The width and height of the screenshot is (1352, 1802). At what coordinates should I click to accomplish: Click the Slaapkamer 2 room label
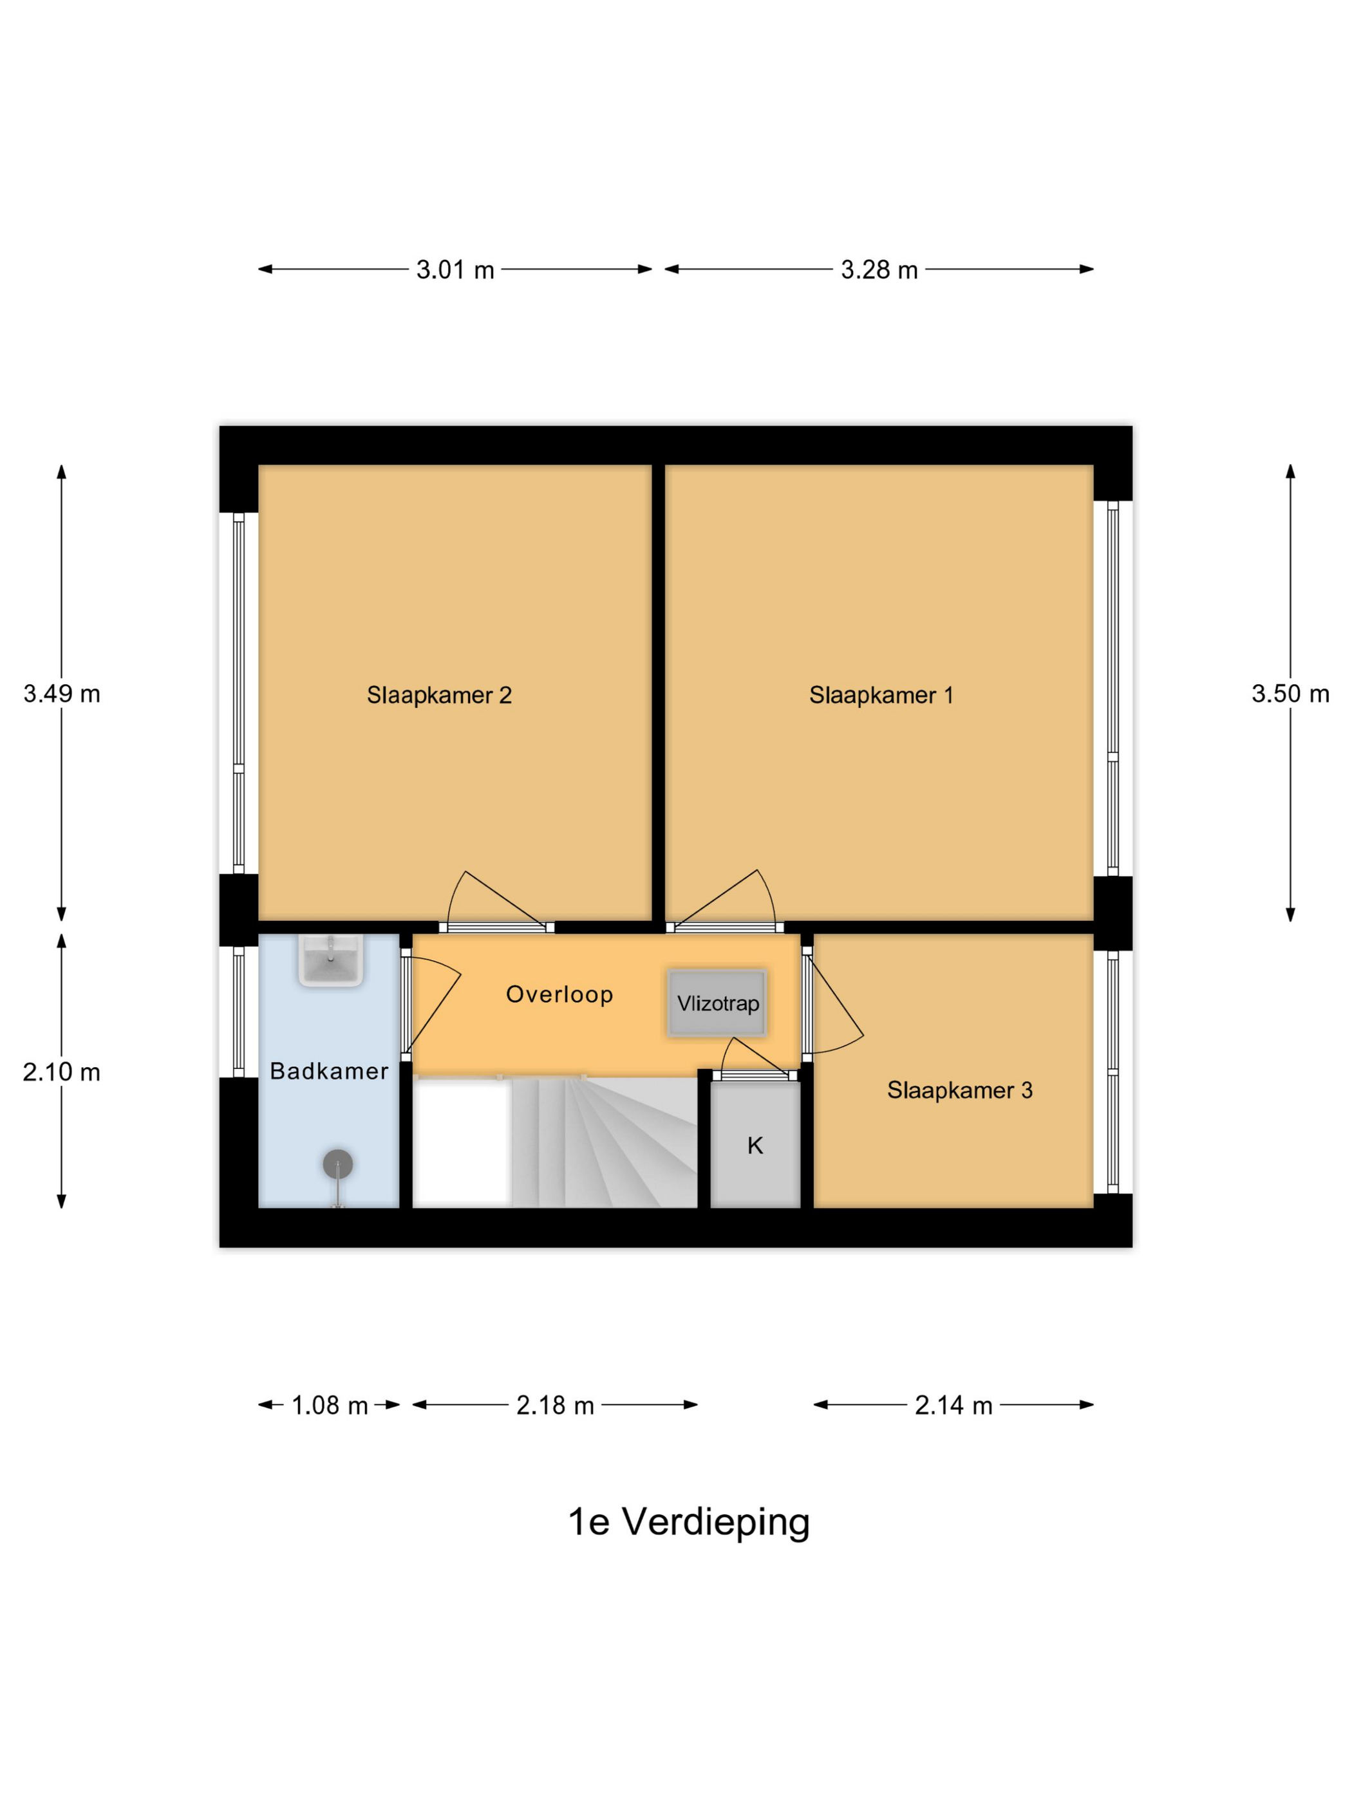pyautogui.click(x=438, y=695)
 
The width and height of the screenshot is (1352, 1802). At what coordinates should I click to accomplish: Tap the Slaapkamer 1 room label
pyautogui.click(x=880, y=695)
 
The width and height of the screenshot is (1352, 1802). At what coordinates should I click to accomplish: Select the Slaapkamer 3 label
pyautogui.click(x=959, y=1090)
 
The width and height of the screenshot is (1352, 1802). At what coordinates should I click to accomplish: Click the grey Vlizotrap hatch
pyautogui.click(x=717, y=1003)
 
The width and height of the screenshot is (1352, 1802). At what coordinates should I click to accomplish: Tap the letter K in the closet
pyautogui.click(x=755, y=1146)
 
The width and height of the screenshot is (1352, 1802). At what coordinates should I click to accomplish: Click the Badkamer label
pyautogui.click(x=329, y=1072)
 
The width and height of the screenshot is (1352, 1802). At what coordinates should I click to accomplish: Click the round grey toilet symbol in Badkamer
pyautogui.click(x=337, y=1164)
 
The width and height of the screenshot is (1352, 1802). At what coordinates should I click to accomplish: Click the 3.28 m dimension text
pyautogui.click(x=879, y=270)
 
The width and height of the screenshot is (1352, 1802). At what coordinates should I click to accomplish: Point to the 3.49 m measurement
pyautogui.click(x=61, y=694)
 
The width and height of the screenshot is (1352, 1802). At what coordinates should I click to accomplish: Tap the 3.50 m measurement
pyautogui.click(x=1290, y=694)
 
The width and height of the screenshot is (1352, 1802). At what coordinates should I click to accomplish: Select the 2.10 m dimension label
pyautogui.click(x=61, y=1072)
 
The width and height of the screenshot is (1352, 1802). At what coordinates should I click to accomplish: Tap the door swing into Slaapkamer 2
pyautogui.click(x=489, y=900)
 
